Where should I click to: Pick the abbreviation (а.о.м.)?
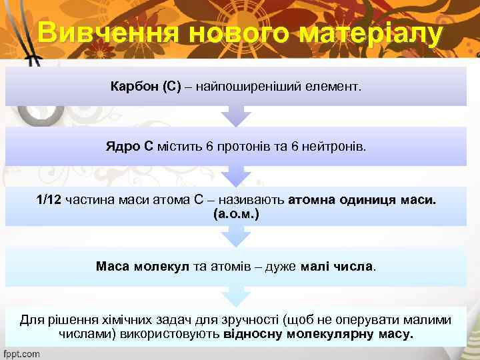click(236, 215)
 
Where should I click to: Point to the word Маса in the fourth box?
click(113, 267)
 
